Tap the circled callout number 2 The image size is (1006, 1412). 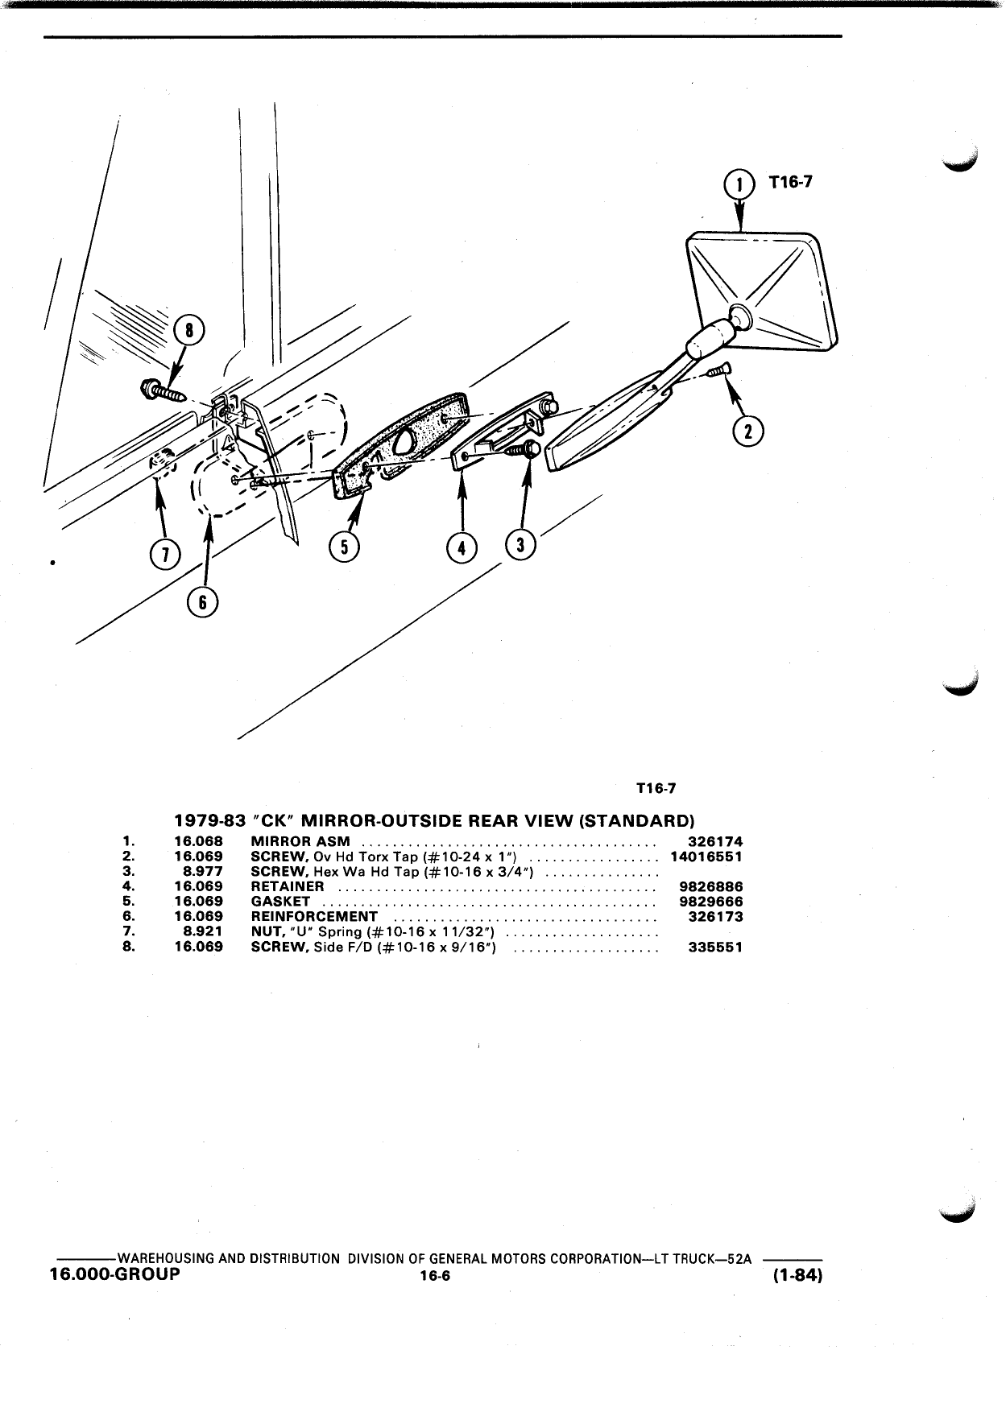[x=748, y=431]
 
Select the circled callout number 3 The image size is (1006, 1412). [x=520, y=545]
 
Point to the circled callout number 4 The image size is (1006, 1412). [x=462, y=548]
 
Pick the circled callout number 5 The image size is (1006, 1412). [x=345, y=547]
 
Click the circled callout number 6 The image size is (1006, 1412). [x=204, y=602]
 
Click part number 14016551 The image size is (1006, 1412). [x=706, y=857]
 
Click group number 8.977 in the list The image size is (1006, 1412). [x=203, y=872]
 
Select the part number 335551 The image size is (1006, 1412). [x=716, y=947]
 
